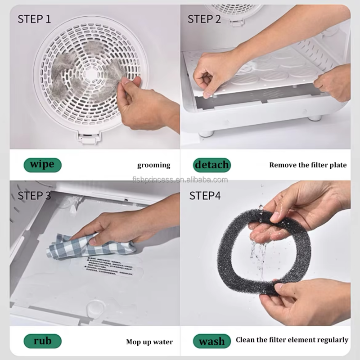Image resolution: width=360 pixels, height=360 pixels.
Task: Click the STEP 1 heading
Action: point(34,19)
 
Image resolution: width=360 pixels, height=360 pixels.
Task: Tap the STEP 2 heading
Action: point(204,19)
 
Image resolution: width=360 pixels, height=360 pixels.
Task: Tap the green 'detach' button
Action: point(211,165)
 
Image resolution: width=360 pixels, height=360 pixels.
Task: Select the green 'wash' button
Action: point(211,341)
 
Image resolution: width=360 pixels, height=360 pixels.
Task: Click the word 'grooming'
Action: point(153,165)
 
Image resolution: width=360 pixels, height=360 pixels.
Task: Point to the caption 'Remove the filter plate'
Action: point(308,165)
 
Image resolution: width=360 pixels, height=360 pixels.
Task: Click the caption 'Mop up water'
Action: point(149,342)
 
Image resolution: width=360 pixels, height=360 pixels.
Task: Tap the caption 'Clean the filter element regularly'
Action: point(292,340)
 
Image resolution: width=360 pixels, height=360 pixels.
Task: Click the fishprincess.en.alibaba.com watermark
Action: point(180,180)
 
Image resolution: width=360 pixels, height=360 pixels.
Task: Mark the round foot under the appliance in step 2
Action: point(207,133)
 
